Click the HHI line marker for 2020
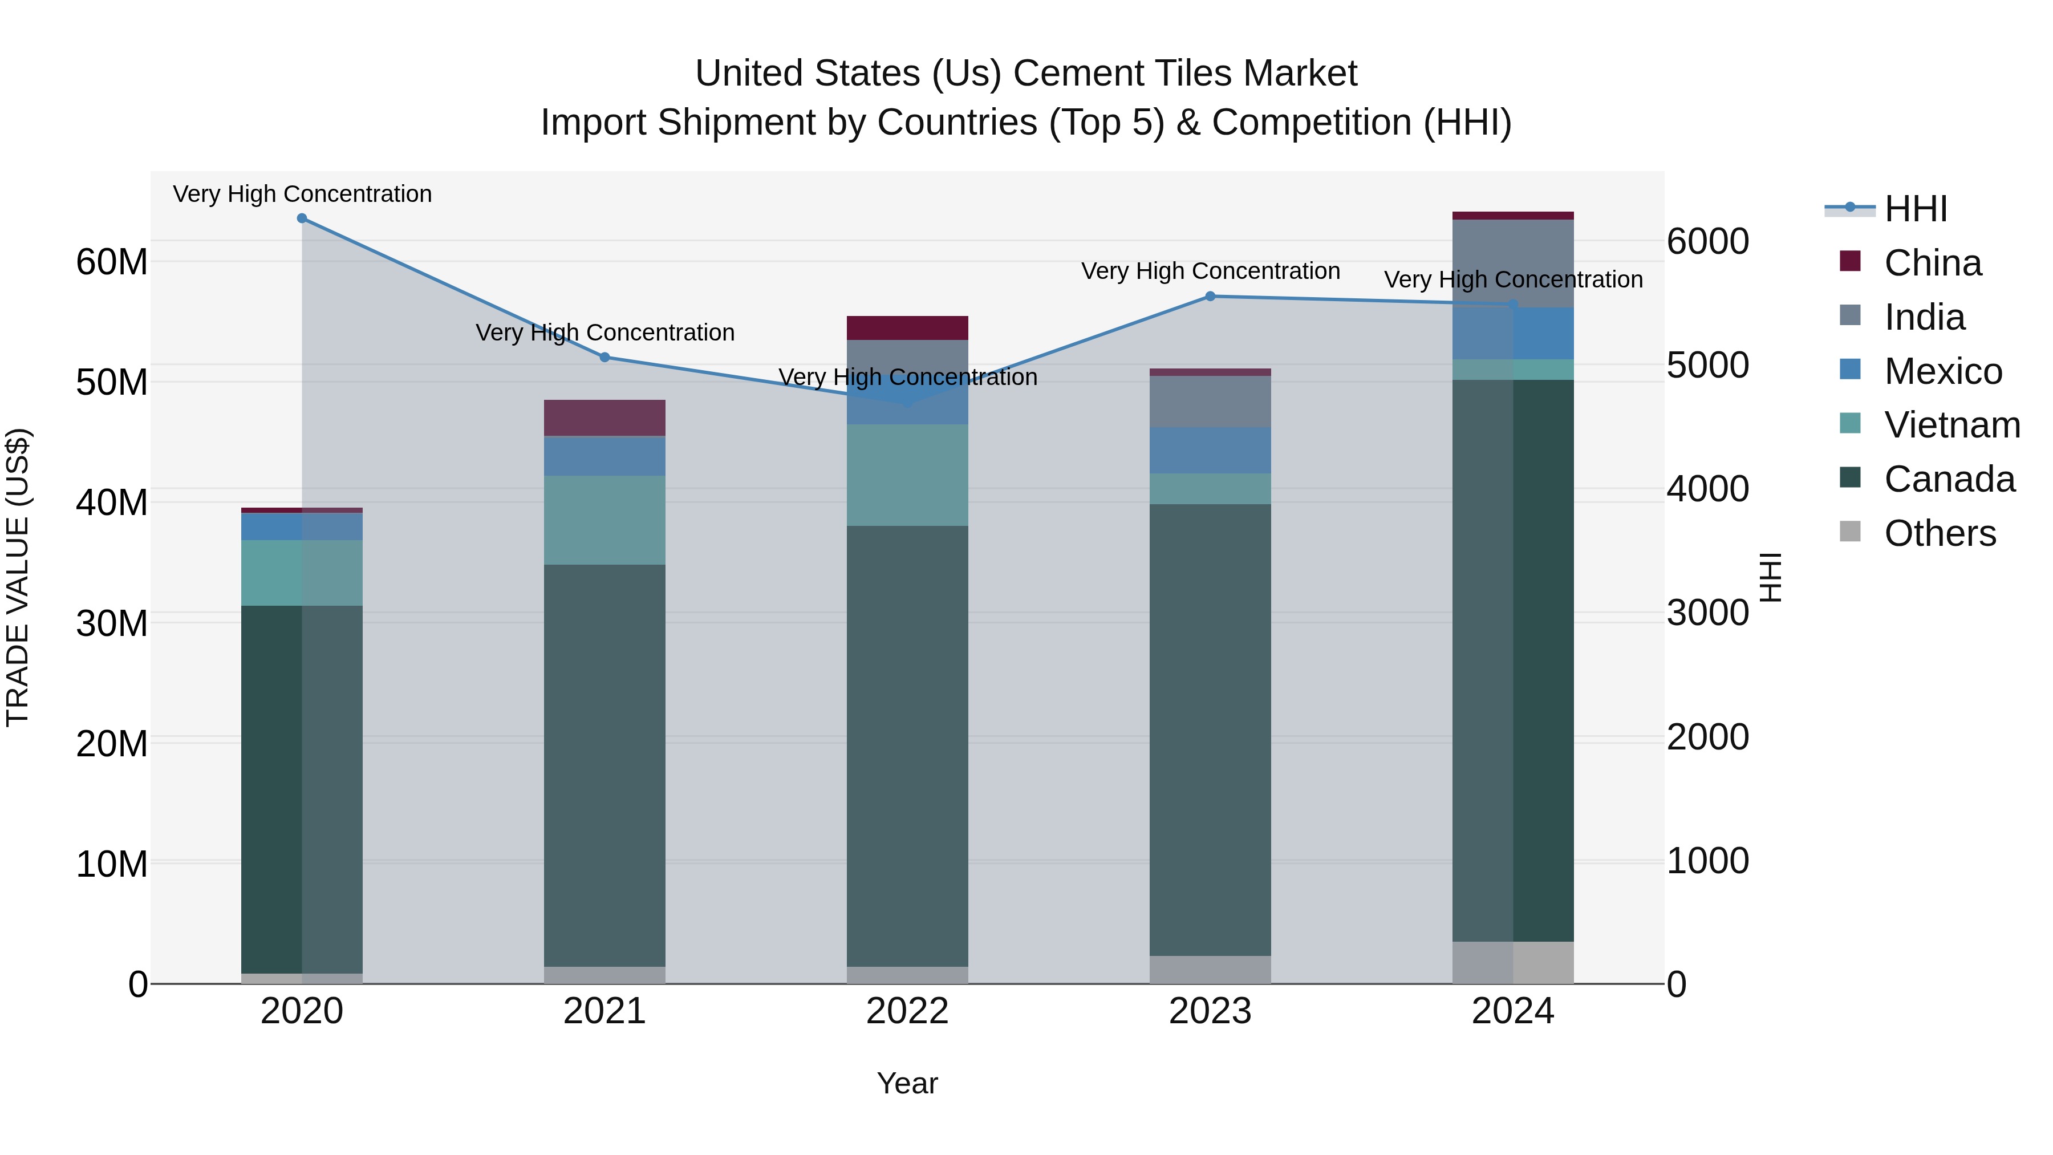302,218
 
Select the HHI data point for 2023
1210,297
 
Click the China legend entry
1932,263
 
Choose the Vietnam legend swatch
1850,424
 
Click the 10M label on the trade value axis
112,864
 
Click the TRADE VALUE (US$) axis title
18,577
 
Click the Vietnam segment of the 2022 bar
907,475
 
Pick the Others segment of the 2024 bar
1512,963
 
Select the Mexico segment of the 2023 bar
1210,451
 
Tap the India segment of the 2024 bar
1512,263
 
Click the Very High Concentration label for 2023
1210,271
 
